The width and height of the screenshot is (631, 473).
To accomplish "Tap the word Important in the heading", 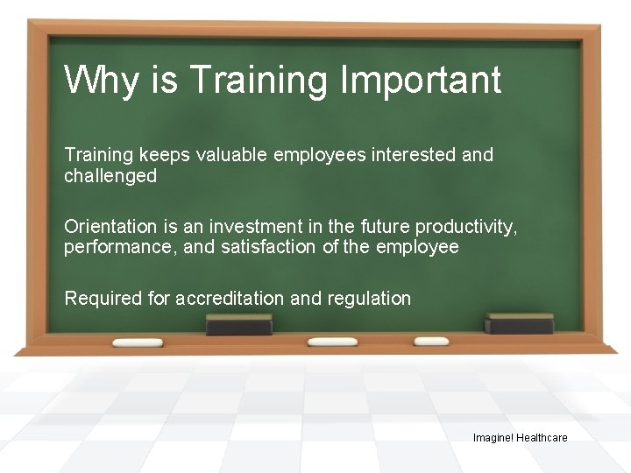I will (420, 81).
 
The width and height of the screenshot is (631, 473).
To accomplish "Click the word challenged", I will (110, 176).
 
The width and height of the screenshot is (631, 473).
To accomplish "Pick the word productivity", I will (472, 226).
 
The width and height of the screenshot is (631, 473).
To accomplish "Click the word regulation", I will (369, 299).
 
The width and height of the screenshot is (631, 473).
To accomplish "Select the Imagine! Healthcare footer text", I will (520, 437).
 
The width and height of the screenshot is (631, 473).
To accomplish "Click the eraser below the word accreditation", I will (238, 325).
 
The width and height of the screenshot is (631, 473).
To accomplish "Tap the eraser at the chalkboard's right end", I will (520, 323).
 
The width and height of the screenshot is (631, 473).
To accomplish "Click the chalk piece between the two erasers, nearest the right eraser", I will (430, 341).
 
